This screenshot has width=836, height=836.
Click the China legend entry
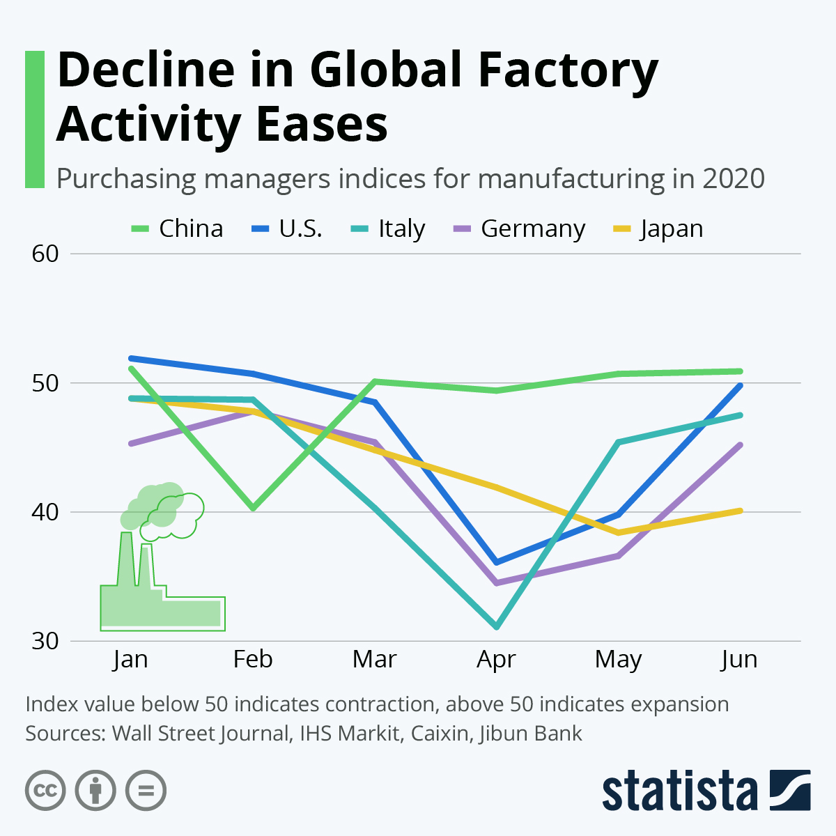pyautogui.click(x=178, y=229)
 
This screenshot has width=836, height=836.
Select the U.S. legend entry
pyautogui.click(x=286, y=229)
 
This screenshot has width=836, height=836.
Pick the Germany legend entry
pyautogui.click(x=519, y=229)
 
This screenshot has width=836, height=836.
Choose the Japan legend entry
pyautogui.click(x=658, y=229)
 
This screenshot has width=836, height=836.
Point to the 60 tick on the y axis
pyautogui.click(x=45, y=254)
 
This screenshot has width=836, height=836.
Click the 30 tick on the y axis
pyautogui.click(x=45, y=641)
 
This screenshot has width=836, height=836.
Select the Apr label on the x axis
pyautogui.click(x=496, y=659)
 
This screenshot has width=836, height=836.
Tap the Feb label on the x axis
pyautogui.click(x=253, y=659)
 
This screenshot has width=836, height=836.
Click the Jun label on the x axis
pyautogui.click(x=739, y=659)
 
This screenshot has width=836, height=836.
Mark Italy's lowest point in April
pyautogui.click(x=496, y=627)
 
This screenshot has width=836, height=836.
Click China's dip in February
pyautogui.click(x=253, y=508)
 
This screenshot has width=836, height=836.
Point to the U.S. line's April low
pyautogui.click(x=496, y=562)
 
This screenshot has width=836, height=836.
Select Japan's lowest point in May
pyautogui.click(x=618, y=533)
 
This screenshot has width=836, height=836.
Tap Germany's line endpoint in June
pyautogui.click(x=740, y=444)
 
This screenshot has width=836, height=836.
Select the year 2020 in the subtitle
pyautogui.click(x=734, y=178)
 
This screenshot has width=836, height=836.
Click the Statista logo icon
pyautogui.click(x=790, y=790)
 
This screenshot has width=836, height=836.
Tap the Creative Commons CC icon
pyautogui.click(x=45, y=791)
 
